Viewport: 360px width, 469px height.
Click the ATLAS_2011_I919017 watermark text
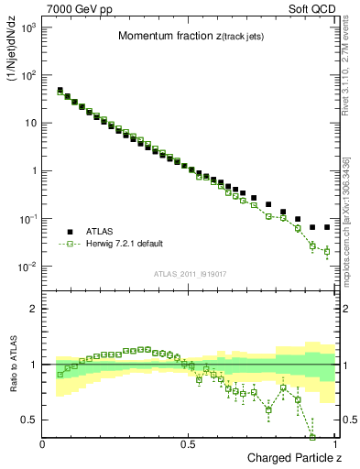(190, 274)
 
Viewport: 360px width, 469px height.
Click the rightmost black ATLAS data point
(327, 227)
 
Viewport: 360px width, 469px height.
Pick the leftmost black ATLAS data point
(60, 91)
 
